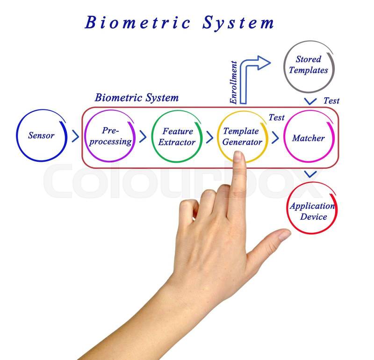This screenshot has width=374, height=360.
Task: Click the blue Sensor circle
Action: coord(41,136)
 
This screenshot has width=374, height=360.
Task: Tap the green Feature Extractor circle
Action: coord(177,137)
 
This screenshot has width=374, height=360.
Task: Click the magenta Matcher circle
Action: coord(308,138)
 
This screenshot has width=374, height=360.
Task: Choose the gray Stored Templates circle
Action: coord(309,65)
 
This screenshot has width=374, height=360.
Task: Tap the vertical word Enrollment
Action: coord(234,82)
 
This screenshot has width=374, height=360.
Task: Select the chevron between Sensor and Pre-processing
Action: coord(75,136)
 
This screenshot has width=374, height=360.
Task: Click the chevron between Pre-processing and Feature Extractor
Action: coord(143,137)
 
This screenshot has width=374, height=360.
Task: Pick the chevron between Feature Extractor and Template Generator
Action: coord(210,137)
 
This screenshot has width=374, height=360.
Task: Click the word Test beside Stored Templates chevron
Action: coord(331,101)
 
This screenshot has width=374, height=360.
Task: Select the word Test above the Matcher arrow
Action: coord(276,117)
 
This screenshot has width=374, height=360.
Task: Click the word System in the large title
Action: coord(238,23)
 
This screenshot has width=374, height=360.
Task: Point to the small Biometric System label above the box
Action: coord(137,98)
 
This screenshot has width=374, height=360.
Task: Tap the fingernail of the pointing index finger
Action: coord(239,157)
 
